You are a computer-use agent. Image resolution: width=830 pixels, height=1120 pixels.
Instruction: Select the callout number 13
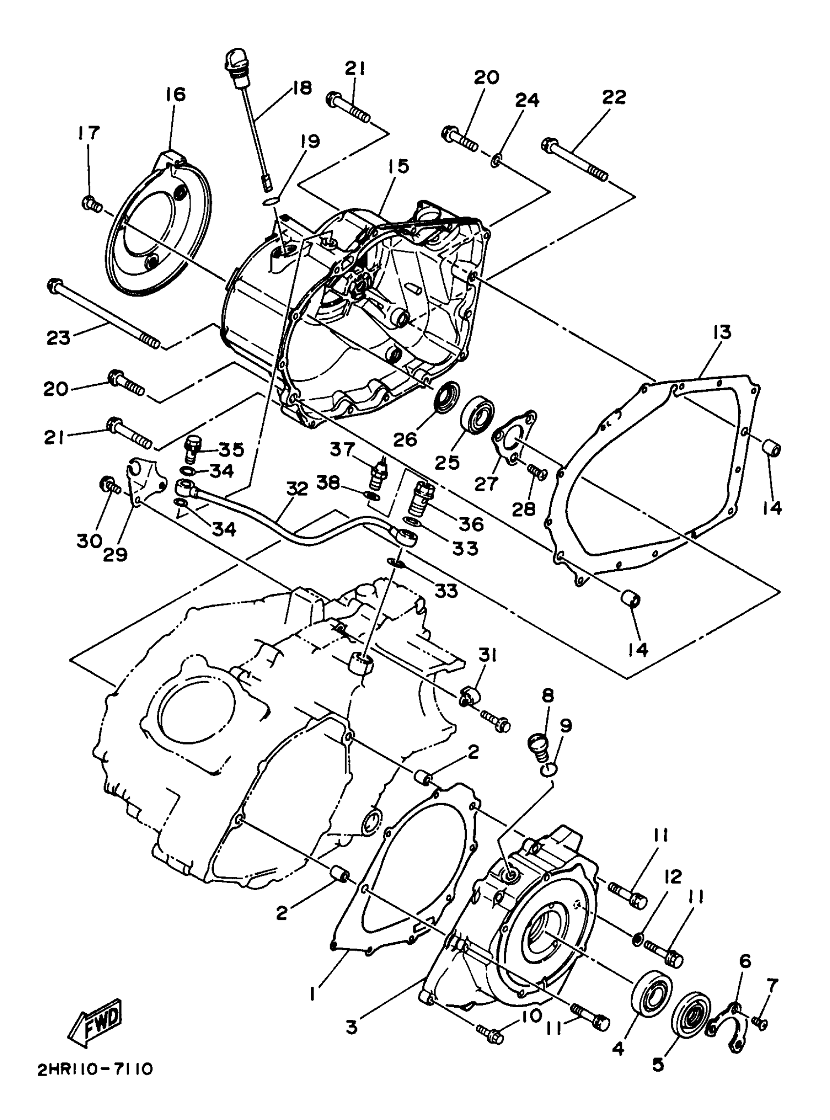(x=721, y=332)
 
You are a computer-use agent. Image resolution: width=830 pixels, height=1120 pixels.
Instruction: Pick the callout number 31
(x=487, y=655)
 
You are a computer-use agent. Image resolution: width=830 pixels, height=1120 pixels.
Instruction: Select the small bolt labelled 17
(x=91, y=204)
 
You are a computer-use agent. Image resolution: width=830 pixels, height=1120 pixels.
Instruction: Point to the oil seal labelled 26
(x=446, y=396)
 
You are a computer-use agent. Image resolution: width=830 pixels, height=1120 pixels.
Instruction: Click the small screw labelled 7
(x=760, y=1021)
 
